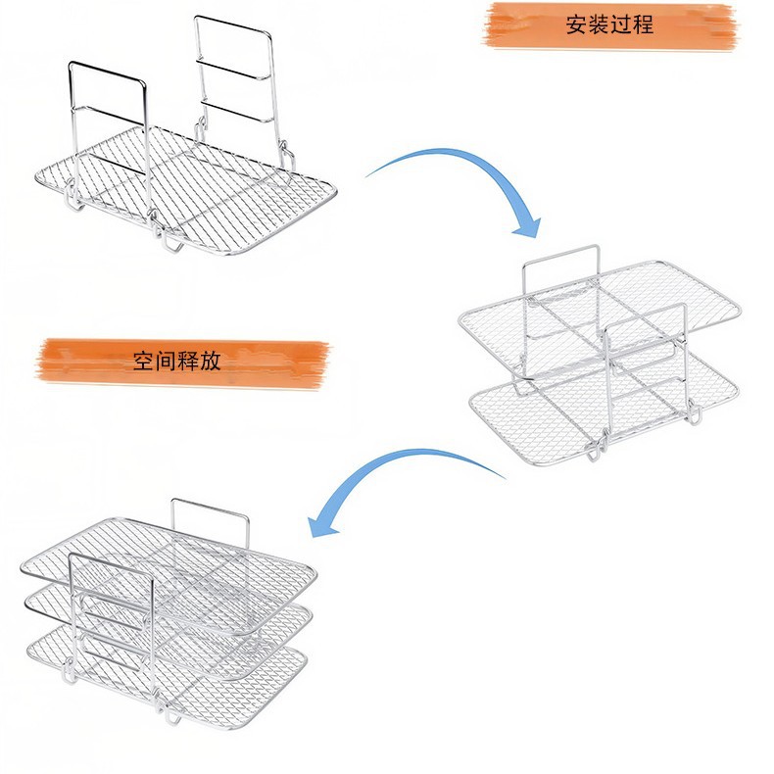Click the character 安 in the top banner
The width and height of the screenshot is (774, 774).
point(576,25)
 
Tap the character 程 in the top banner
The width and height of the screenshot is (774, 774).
point(643,25)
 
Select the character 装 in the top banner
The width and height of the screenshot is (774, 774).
point(598,25)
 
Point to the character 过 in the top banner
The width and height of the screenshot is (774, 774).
point(620,25)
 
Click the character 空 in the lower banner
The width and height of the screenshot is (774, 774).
point(144,361)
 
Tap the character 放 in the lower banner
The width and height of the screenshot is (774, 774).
point(211,361)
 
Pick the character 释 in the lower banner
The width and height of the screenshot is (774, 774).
point(188,361)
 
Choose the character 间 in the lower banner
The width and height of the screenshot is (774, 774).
point(167,361)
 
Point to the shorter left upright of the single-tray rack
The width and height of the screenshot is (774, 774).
point(108,108)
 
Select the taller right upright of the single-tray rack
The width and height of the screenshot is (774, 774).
point(232,69)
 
